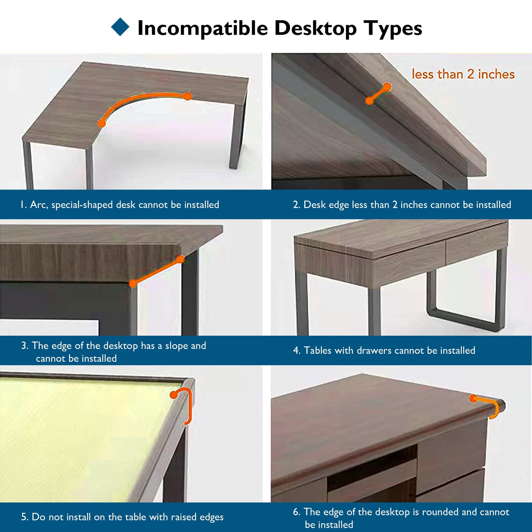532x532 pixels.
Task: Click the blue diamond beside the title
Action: click(x=120, y=27)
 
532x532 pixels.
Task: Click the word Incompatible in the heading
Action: click(x=202, y=28)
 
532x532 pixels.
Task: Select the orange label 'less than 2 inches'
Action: click(x=463, y=74)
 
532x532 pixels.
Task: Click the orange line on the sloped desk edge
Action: click(x=157, y=271)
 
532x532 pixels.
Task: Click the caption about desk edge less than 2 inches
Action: click(x=402, y=205)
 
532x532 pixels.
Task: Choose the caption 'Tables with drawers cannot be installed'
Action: click(x=384, y=350)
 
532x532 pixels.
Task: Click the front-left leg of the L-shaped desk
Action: click(x=28, y=165)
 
